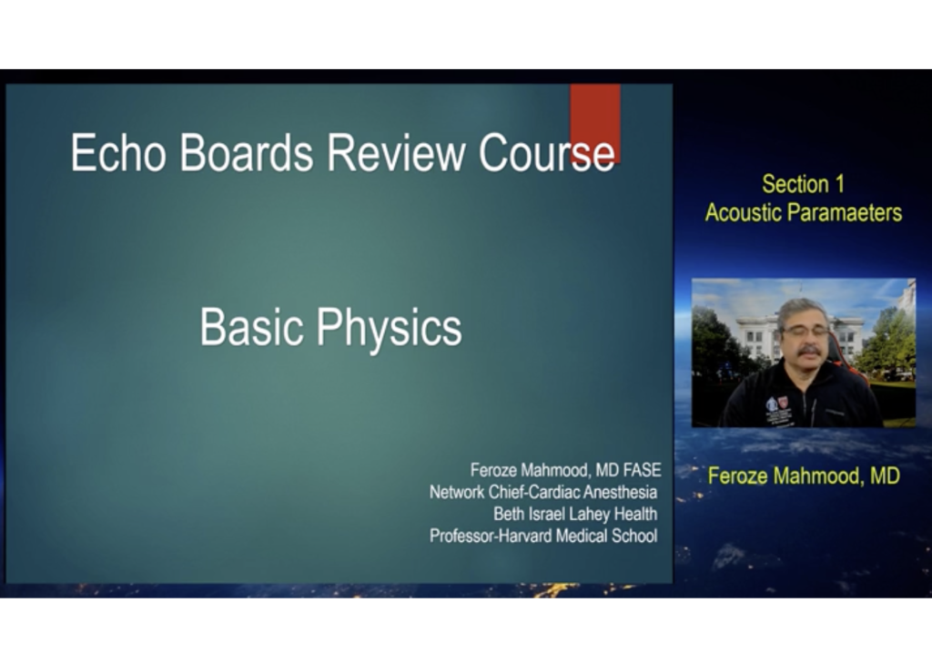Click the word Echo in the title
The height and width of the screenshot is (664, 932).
point(117,153)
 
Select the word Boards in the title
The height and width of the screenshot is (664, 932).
point(246,153)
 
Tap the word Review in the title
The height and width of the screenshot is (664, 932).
point(397,153)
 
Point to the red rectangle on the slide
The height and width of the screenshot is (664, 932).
point(595,123)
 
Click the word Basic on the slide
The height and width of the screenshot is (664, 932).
point(251,327)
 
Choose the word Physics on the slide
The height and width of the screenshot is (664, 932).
point(390,329)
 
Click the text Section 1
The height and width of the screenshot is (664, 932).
point(803,184)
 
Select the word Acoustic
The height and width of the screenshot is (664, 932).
point(743,212)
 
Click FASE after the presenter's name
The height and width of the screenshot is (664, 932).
point(642,470)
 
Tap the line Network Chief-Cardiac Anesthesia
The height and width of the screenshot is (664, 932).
point(543,492)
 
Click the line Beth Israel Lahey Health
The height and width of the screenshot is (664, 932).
point(575,514)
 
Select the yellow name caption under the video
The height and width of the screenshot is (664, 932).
point(804,476)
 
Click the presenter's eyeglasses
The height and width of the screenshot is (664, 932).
point(805,331)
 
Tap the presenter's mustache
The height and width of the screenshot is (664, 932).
point(809,352)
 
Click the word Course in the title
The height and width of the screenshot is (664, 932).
point(547,153)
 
